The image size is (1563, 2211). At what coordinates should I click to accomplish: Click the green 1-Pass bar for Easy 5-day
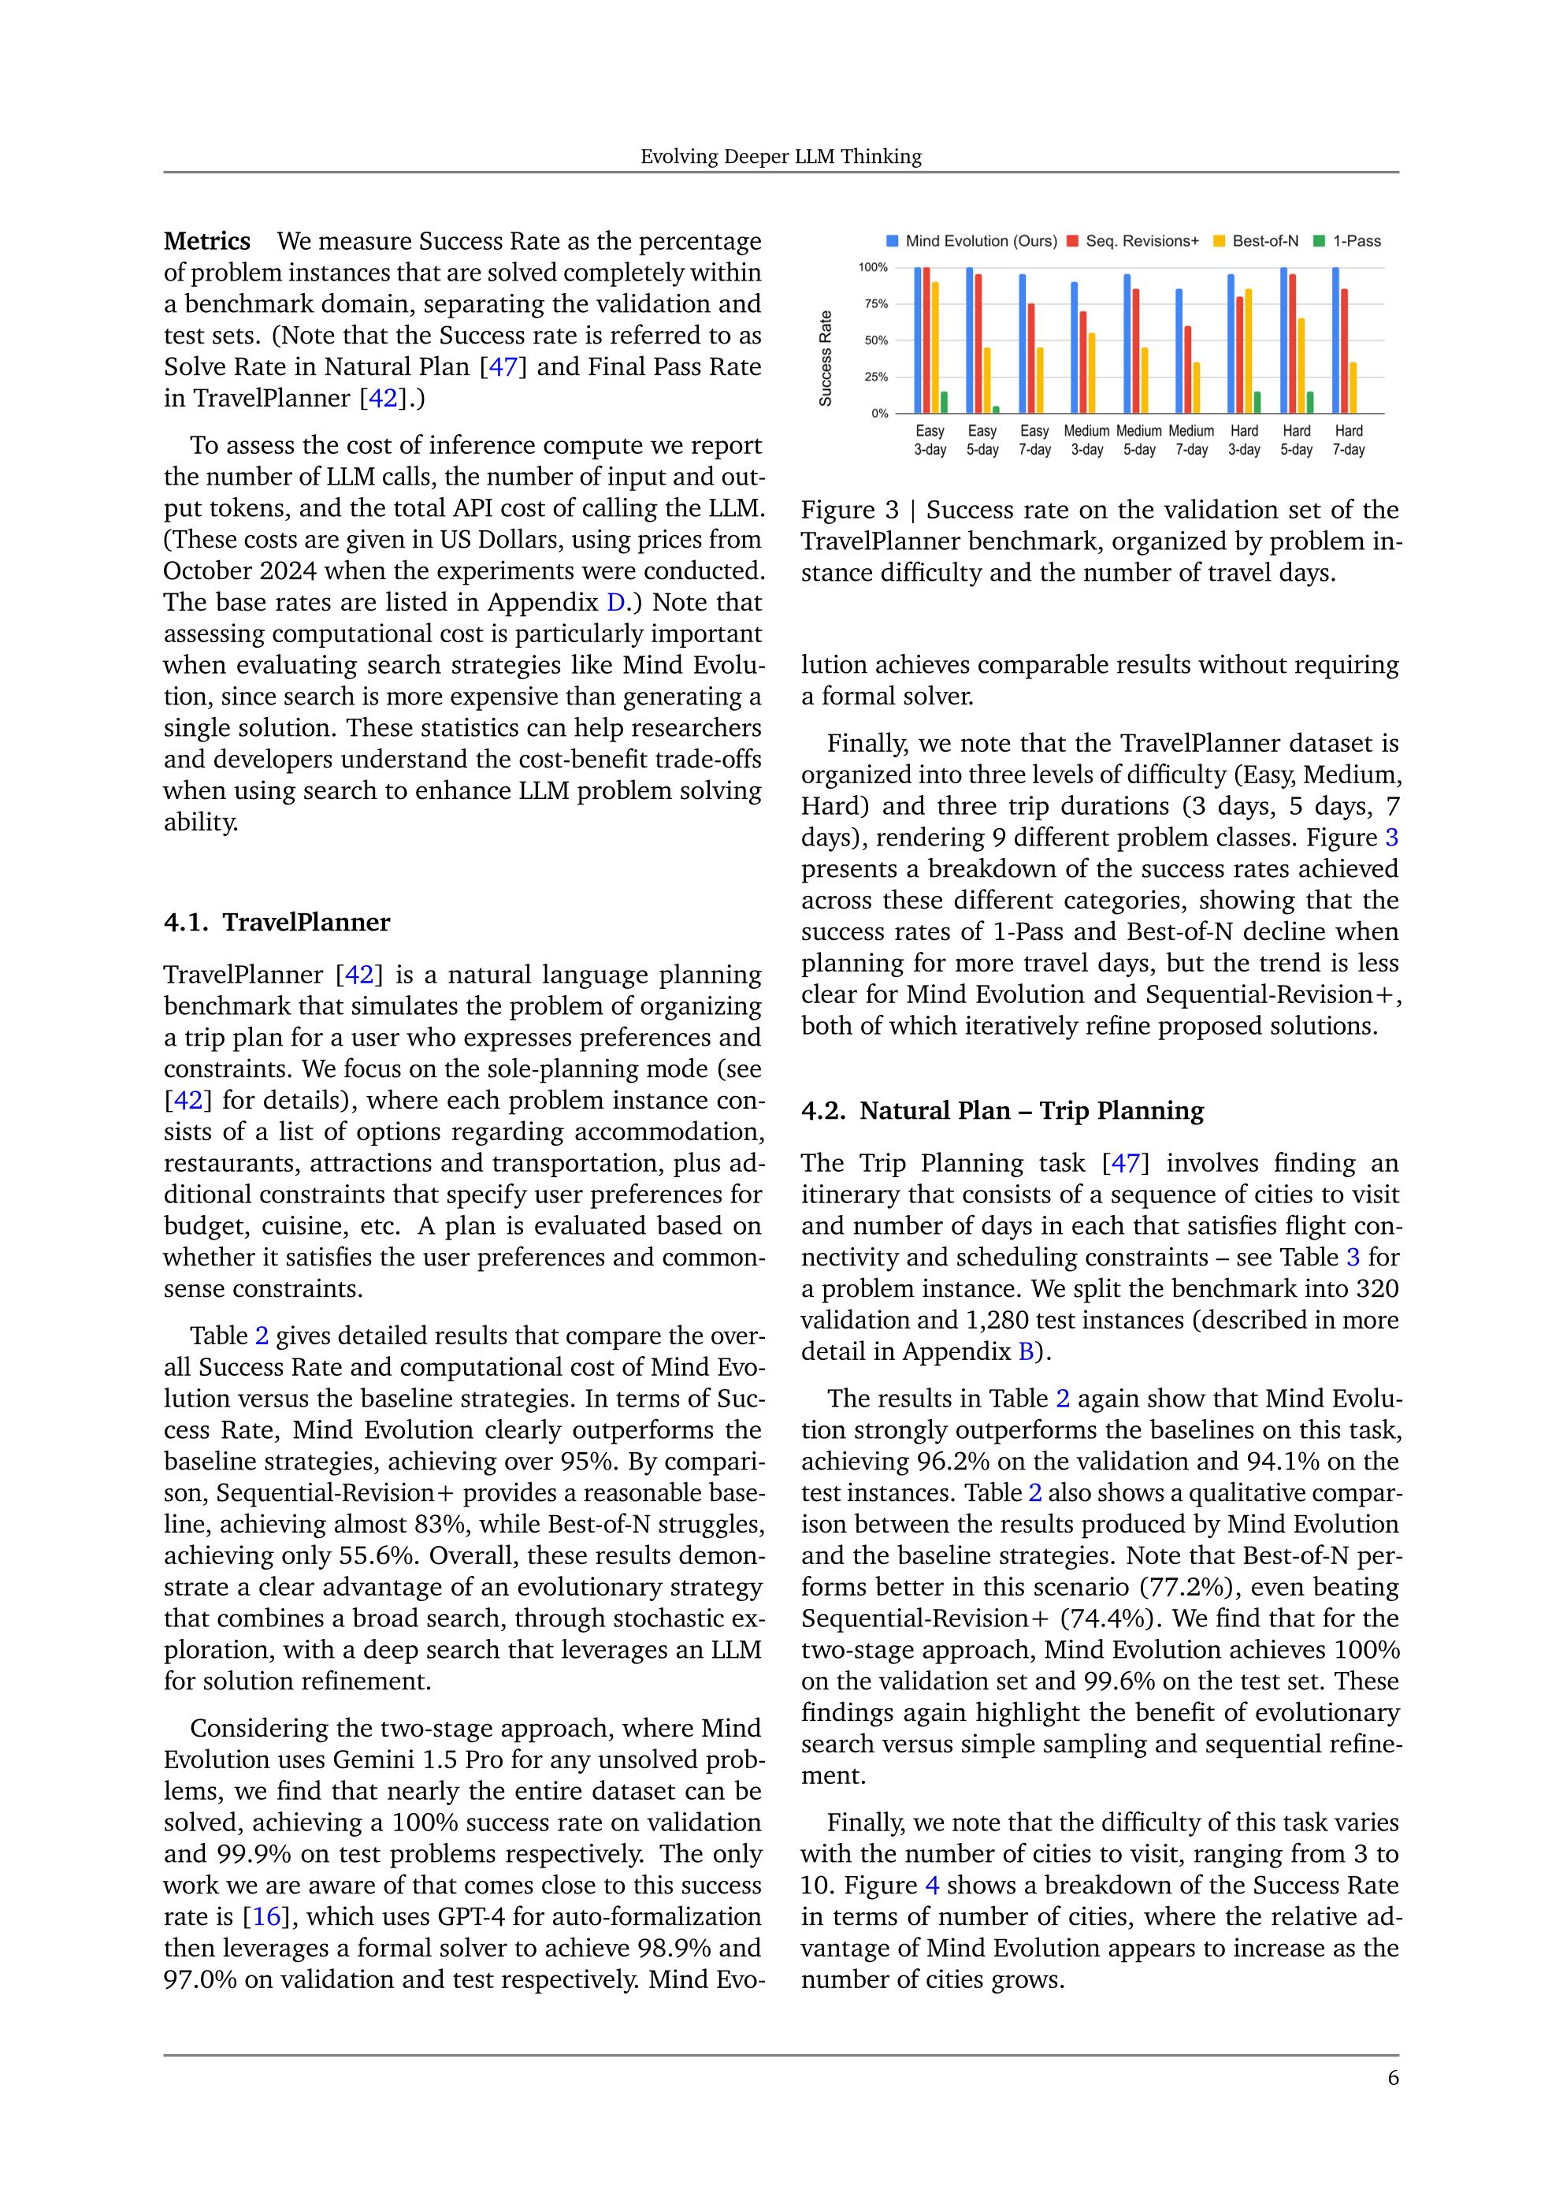click(x=996, y=409)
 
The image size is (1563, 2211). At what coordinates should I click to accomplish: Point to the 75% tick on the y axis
click(x=874, y=304)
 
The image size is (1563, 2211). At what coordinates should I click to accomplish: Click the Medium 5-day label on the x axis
click(x=1139, y=440)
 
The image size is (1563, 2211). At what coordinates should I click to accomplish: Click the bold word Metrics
click(x=207, y=241)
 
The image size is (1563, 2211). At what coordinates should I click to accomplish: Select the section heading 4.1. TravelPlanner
click(x=277, y=922)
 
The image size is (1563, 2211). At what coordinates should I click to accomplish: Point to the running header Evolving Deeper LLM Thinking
click(x=781, y=157)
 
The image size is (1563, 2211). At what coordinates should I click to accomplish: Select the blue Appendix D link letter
click(x=615, y=603)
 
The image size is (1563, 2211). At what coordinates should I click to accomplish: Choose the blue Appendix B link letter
click(x=1027, y=1351)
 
